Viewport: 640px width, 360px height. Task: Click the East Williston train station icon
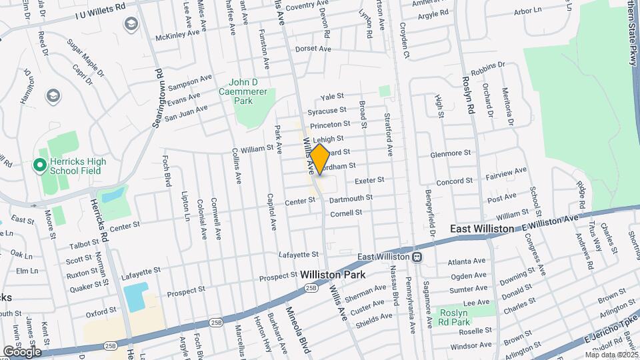click(417, 257)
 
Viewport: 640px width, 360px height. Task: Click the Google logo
click(21, 351)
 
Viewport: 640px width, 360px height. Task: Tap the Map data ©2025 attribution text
click(609, 354)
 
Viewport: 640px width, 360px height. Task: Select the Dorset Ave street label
click(313, 49)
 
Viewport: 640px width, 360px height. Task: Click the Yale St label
click(331, 97)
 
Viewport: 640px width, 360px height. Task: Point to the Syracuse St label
click(327, 111)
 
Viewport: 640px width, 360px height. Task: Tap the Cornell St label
click(346, 213)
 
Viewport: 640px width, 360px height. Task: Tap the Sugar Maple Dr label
click(88, 55)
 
